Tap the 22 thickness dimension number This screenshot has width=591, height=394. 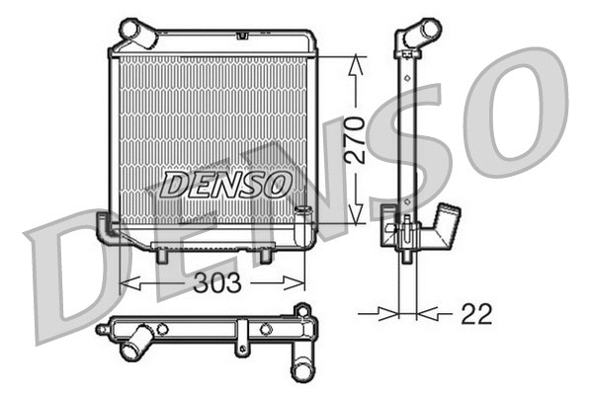point(475,314)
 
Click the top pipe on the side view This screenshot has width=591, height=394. point(419,33)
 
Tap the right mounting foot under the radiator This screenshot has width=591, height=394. point(264,255)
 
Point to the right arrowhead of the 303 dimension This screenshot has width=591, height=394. point(306,284)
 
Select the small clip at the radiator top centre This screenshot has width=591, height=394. point(241,36)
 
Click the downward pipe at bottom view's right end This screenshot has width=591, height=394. point(300,365)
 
